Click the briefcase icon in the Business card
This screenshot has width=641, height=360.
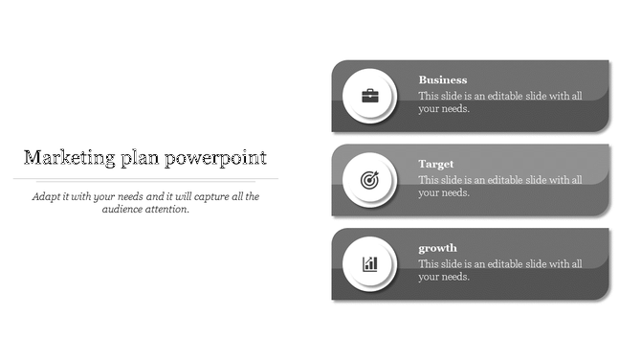(369, 96)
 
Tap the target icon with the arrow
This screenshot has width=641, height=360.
(369, 179)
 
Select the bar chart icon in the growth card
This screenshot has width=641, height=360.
(369, 263)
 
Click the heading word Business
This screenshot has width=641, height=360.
(443, 80)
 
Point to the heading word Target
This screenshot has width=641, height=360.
(436, 165)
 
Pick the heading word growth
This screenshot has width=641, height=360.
(438, 249)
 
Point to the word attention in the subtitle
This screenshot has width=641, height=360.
(167, 209)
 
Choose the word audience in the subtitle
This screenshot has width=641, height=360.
(123, 209)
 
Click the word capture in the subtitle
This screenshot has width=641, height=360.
(207, 196)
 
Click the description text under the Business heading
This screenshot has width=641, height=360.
(499, 102)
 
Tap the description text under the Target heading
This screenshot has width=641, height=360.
(499, 186)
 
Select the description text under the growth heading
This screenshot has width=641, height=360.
(499, 270)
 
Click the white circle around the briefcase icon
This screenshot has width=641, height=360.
(354, 84)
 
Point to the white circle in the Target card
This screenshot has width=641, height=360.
(354, 168)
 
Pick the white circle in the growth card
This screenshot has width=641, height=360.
(354, 252)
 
